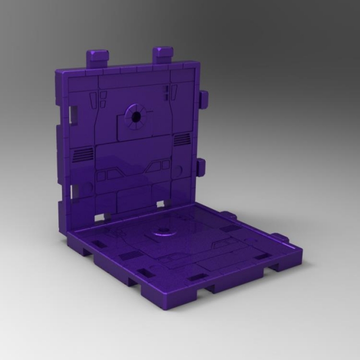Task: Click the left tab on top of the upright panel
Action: pyautogui.click(x=97, y=58)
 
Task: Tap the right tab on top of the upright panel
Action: pyautogui.click(x=163, y=55)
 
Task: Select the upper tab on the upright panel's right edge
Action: pyautogui.click(x=203, y=99)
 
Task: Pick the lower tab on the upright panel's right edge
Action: pyautogui.click(x=201, y=166)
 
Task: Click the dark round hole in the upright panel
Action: pyautogui.click(x=136, y=116)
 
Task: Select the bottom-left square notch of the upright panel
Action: pyautogui.click(x=100, y=217)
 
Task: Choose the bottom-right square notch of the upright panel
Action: pyautogui.click(x=162, y=203)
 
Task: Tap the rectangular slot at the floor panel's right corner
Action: pyautogui.click(x=262, y=256)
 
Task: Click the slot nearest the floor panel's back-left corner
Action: pyautogui.click(x=97, y=244)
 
